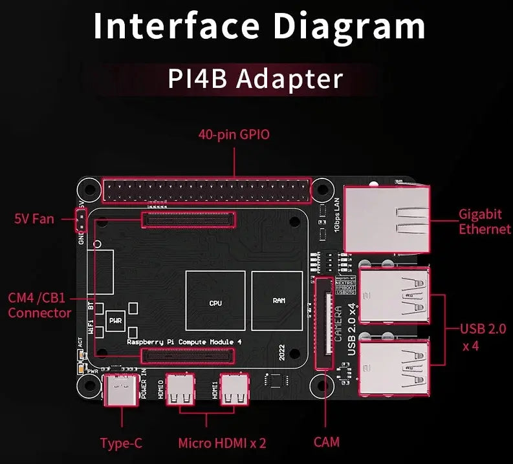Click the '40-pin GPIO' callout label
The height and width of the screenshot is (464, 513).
pyautogui.click(x=234, y=135)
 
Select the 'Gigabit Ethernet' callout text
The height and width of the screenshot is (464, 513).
pyautogui.click(x=485, y=221)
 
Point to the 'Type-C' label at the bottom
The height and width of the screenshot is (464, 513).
pyautogui.click(x=121, y=443)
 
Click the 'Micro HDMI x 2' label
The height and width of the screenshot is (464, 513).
pyautogui.click(x=222, y=443)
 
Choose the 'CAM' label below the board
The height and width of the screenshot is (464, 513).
pyautogui.click(x=326, y=442)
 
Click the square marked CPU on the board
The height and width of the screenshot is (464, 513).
pyautogui.click(x=215, y=301)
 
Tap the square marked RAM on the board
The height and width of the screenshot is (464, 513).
pyautogui.click(x=278, y=301)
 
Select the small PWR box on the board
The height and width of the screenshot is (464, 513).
pyautogui.click(x=116, y=320)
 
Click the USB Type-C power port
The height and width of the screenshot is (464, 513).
pyautogui.click(x=120, y=390)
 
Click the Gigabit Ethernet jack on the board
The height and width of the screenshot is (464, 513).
pyautogui.click(x=386, y=218)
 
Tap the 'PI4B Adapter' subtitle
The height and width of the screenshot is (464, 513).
pyautogui.click(x=256, y=79)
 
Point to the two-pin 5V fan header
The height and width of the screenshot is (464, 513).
pyautogui.click(x=81, y=220)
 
